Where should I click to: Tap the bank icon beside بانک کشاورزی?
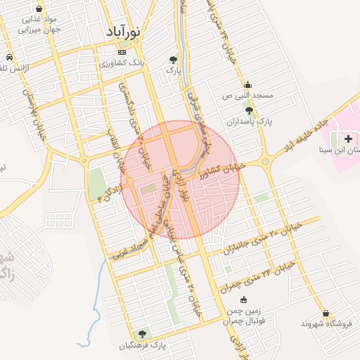pos(122,53)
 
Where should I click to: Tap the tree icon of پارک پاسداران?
pos(248,110)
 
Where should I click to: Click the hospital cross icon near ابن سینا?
pos(348,139)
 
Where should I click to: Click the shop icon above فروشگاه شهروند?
pos(325,313)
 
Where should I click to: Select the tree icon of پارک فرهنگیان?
pos(143,333)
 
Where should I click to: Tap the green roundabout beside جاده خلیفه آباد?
pos(266,162)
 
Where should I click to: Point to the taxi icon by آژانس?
pos(8,58)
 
